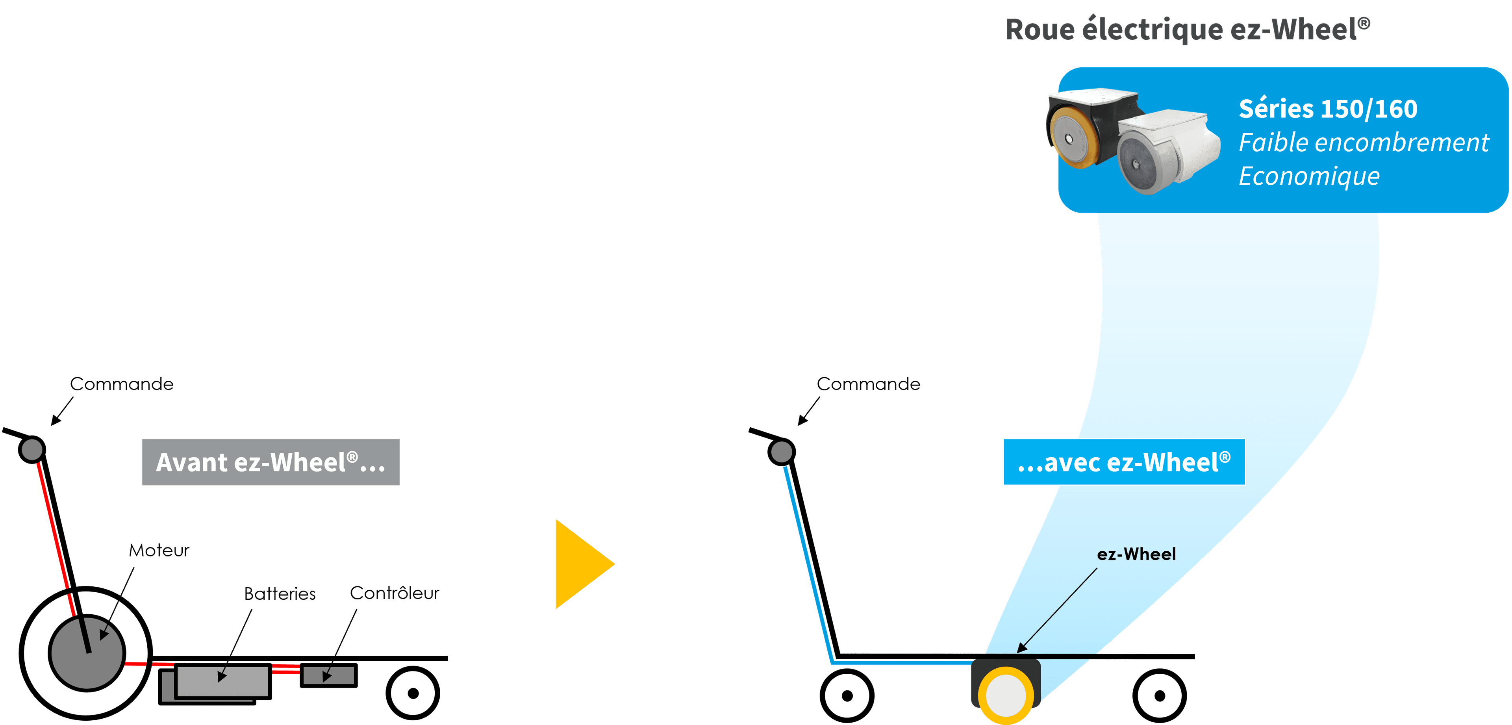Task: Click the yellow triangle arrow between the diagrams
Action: pyautogui.click(x=581, y=564)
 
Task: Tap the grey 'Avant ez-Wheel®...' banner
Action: pyautogui.click(x=271, y=462)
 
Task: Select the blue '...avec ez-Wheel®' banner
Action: pyautogui.click(x=1124, y=462)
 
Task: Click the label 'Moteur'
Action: pyautogui.click(x=159, y=551)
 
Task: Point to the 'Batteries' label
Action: pyautogui.click(x=280, y=593)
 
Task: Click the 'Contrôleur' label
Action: pyautogui.click(x=395, y=593)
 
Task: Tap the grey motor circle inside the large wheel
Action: pyautogui.click(x=87, y=653)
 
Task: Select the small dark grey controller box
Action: pyautogui.click(x=329, y=675)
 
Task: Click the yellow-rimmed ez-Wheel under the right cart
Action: pyautogui.click(x=1006, y=695)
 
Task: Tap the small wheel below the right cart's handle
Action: pyautogui.click(x=847, y=695)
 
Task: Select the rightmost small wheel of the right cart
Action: pyautogui.click(x=1159, y=695)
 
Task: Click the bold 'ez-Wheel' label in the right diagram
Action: pyautogui.click(x=1136, y=554)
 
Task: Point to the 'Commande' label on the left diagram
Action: pyautogui.click(x=122, y=384)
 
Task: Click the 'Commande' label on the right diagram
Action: pyautogui.click(x=869, y=384)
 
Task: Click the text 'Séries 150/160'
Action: pyautogui.click(x=1328, y=109)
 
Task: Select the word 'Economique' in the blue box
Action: pyautogui.click(x=1309, y=176)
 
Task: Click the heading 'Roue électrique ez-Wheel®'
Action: pyautogui.click(x=1188, y=30)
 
